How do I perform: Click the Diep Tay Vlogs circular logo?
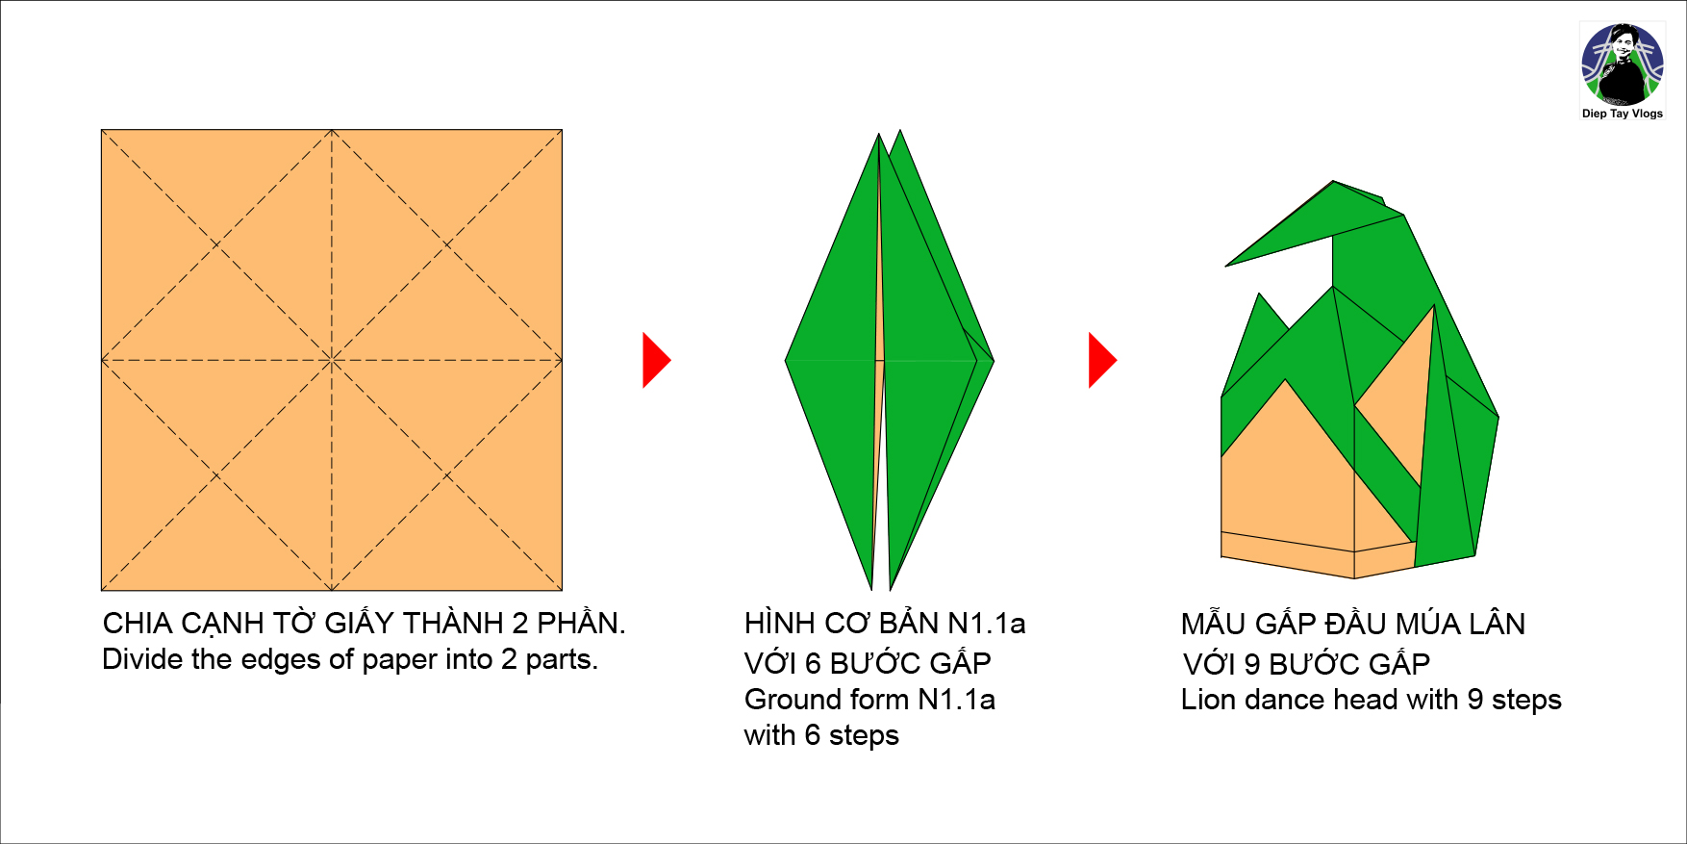click(x=1623, y=64)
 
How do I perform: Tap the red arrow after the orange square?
click(x=656, y=360)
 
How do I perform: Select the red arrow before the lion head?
click(x=1102, y=360)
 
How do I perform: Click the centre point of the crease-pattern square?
click(x=332, y=360)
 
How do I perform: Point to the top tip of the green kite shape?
click(x=879, y=134)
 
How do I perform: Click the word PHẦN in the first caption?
click(x=580, y=623)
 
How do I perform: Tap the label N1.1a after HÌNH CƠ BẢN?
click(x=986, y=624)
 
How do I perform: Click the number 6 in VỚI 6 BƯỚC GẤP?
click(x=813, y=664)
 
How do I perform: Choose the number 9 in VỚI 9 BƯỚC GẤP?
click(x=1252, y=664)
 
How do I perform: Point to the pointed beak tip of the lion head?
click(x=1226, y=266)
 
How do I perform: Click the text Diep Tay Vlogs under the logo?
click(x=1623, y=114)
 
